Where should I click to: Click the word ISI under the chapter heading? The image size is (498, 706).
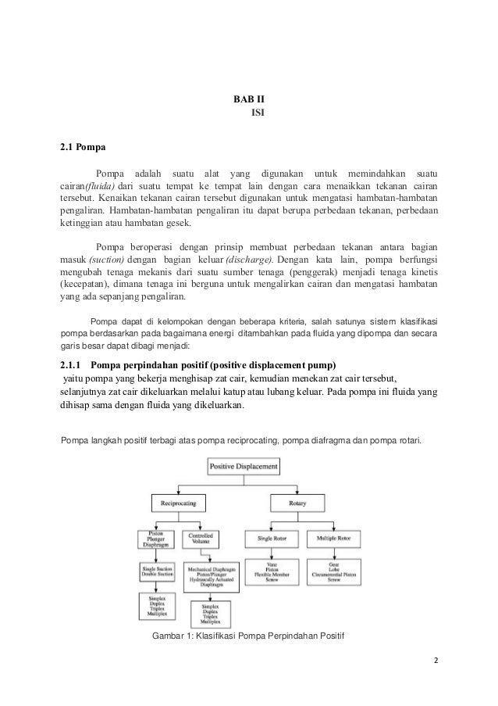[257, 113]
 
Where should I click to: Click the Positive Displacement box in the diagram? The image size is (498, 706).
[242, 467]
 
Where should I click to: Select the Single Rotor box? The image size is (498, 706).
[267, 539]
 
